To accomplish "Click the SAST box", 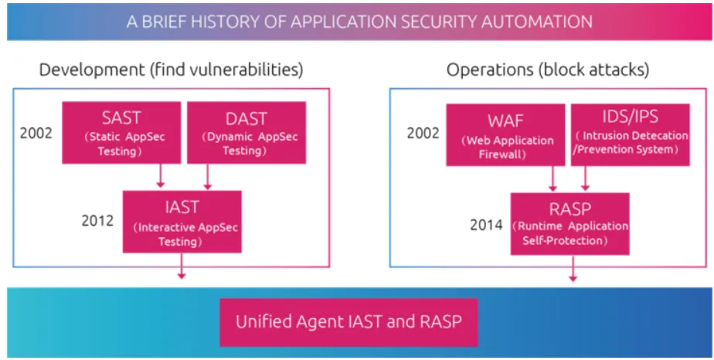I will [121, 132].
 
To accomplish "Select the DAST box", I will [246, 132].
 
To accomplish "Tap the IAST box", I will [182, 221].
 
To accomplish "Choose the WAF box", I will [505, 132].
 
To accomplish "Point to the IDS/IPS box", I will [630, 132].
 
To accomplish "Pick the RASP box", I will [569, 223].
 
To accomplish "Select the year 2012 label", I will [97, 221].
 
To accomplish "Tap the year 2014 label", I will [486, 226].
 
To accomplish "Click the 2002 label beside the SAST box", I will [36, 132].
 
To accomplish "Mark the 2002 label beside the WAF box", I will [423, 132].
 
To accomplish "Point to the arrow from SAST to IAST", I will [160, 177].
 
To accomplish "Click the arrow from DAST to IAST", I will [206, 177].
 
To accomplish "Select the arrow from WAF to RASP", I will [553, 178].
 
